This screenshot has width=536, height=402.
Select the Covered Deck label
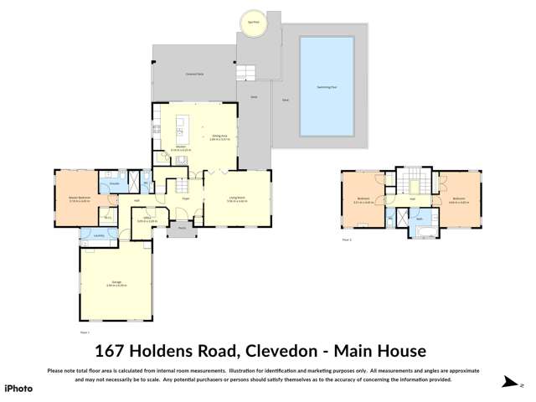(195, 75)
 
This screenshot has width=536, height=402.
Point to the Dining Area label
(220, 137)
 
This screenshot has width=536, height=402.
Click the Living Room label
(237, 198)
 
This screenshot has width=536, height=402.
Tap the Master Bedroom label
(80, 198)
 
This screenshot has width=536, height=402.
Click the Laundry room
(100, 236)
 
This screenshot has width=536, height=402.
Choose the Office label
(147, 217)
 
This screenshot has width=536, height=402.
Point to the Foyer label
(187, 199)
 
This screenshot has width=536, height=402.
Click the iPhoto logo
(18, 389)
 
